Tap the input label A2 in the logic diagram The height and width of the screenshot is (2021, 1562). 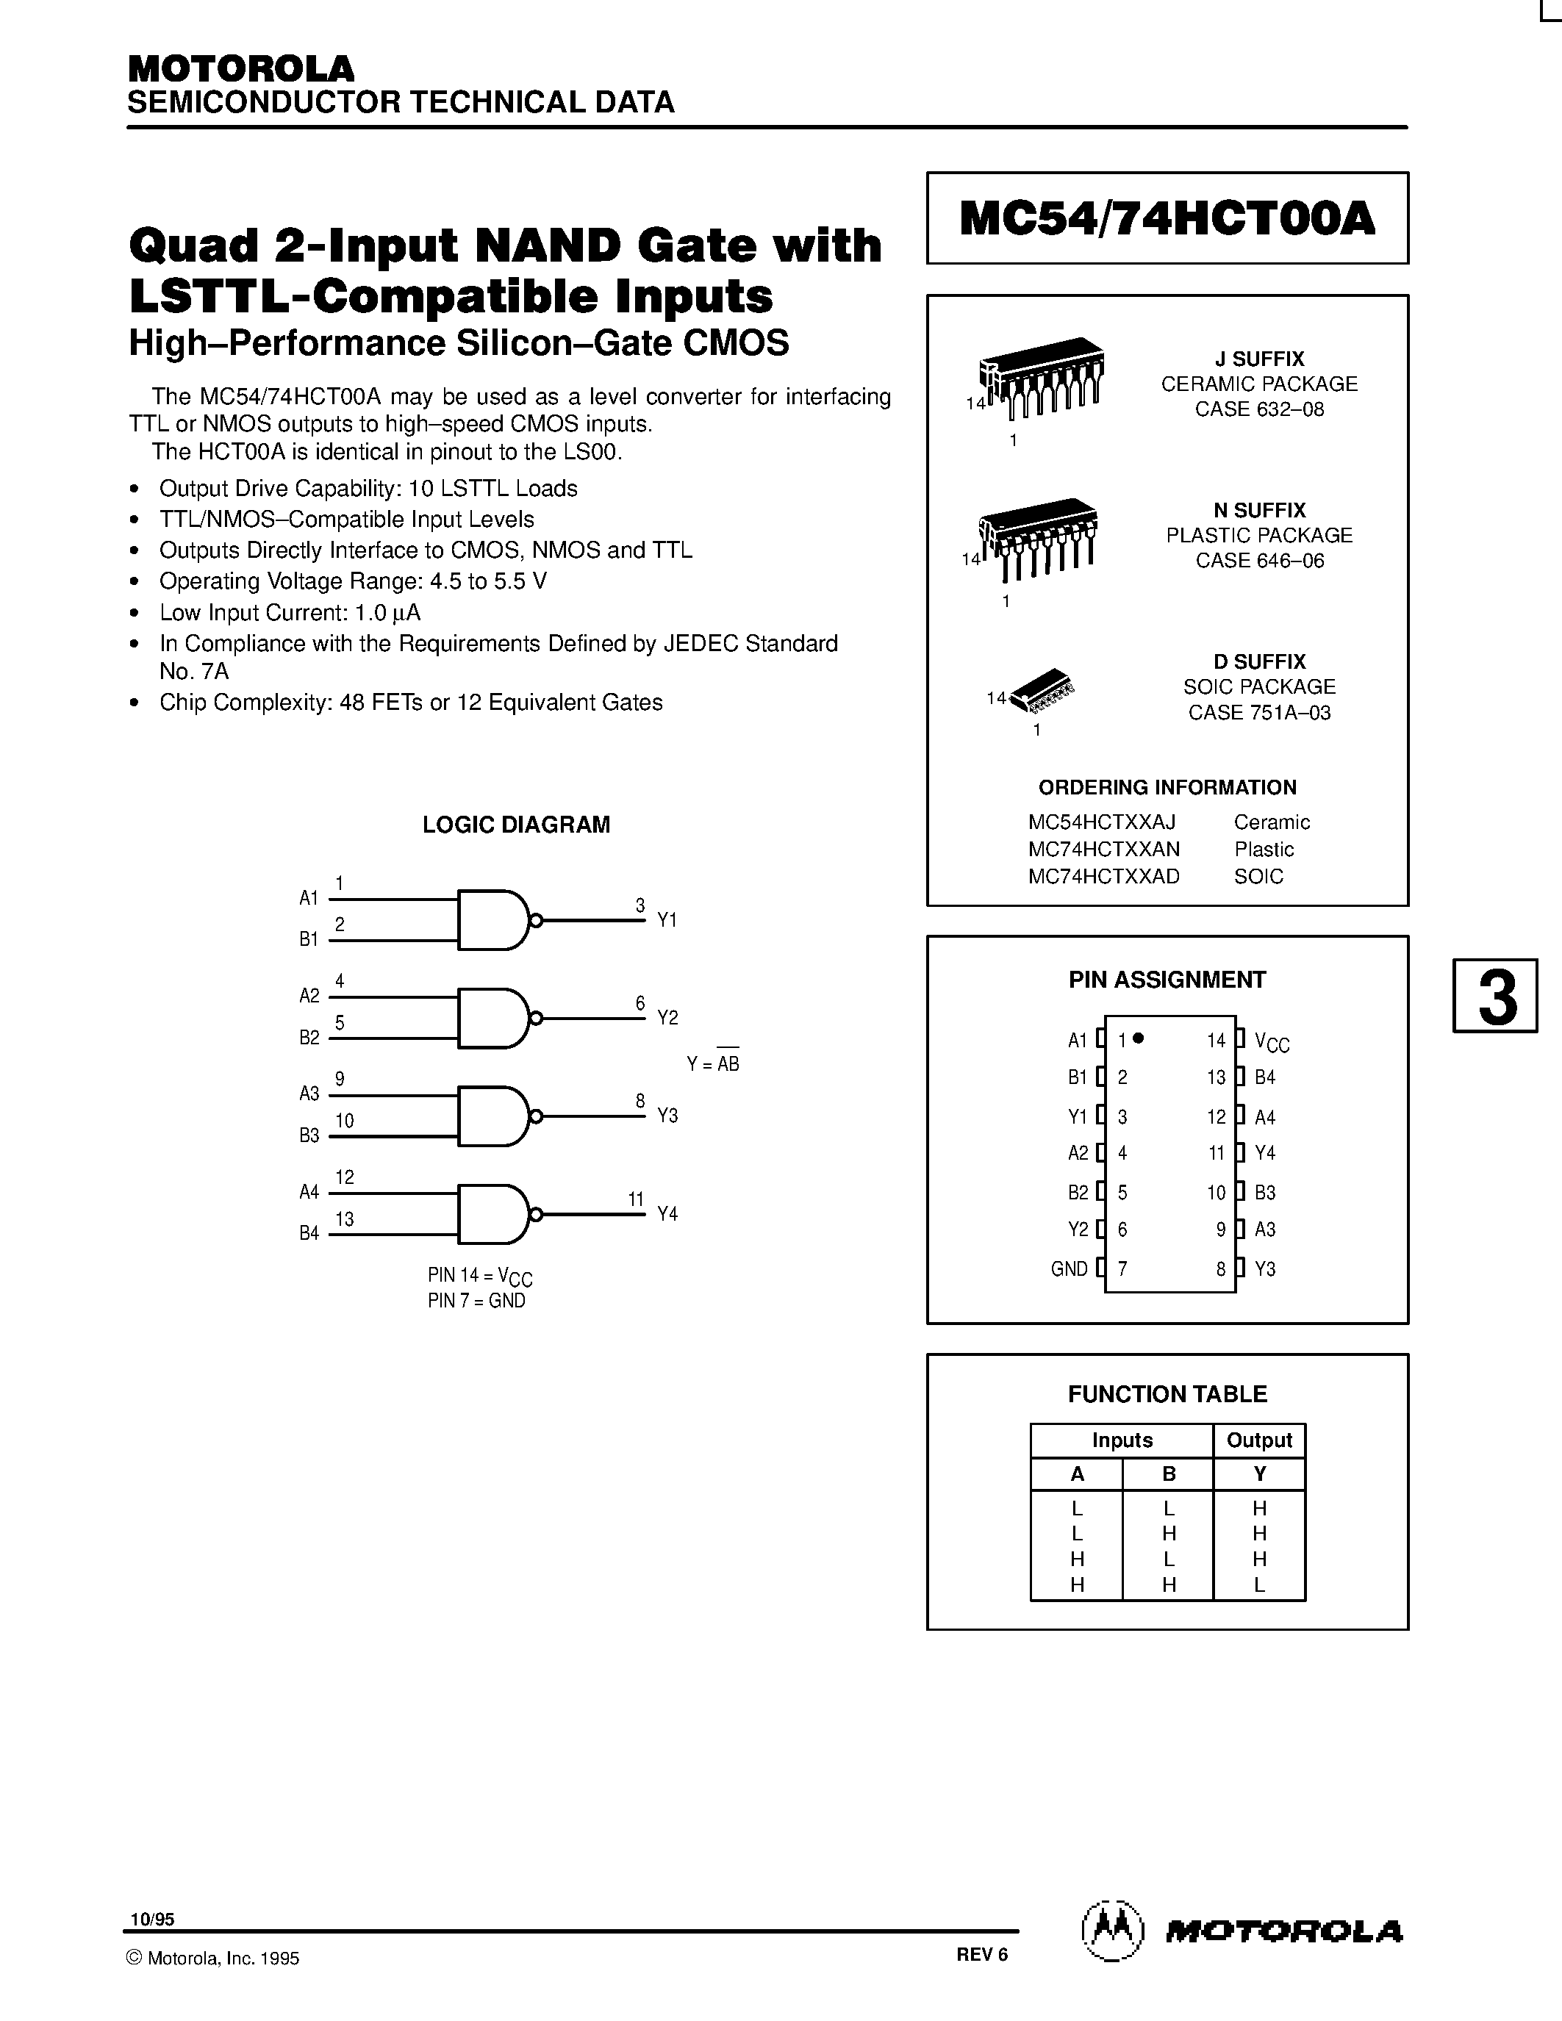point(309,996)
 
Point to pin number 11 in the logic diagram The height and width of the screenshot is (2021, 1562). point(636,1199)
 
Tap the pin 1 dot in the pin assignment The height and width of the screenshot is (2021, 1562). point(1139,1038)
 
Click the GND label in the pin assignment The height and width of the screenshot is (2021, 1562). point(1069,1268)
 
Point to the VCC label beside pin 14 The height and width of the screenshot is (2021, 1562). point(1272,1041)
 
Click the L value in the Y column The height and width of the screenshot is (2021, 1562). point(1259,1584)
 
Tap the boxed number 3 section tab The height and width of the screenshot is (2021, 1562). point(1495,996)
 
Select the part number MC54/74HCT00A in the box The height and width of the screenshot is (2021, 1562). point(1168,218)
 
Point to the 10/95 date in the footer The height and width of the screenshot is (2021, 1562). point(151,1919)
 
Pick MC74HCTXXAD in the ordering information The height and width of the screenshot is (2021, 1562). point(1103,876)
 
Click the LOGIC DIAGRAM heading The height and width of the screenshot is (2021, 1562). point(516,825)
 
